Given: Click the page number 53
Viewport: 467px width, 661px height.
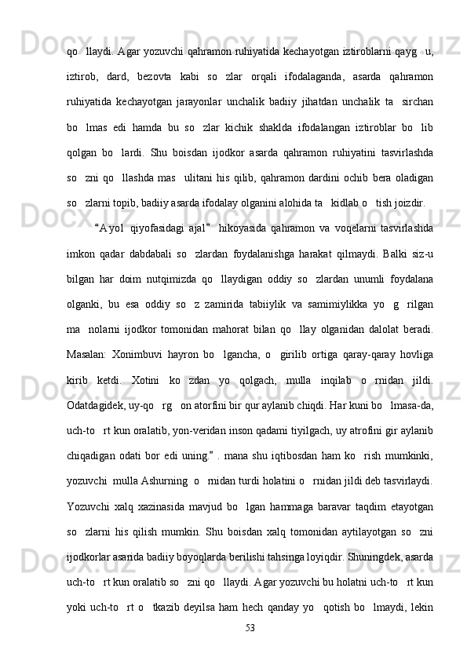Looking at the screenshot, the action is pyautogui.click(x=251, y=628).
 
